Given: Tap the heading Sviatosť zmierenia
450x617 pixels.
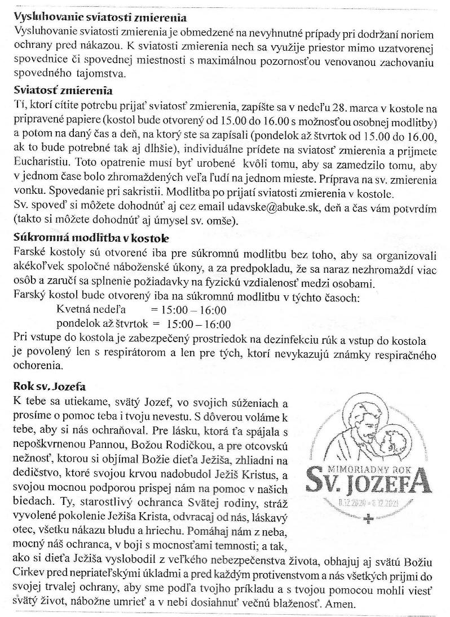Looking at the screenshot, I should [x=63, y=90].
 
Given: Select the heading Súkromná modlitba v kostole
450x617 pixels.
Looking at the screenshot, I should [x=91, y=238].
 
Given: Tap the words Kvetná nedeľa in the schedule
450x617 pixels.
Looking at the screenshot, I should [x=91, y=310].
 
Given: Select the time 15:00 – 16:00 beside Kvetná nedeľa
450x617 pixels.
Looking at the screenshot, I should [x=189, y=310].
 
